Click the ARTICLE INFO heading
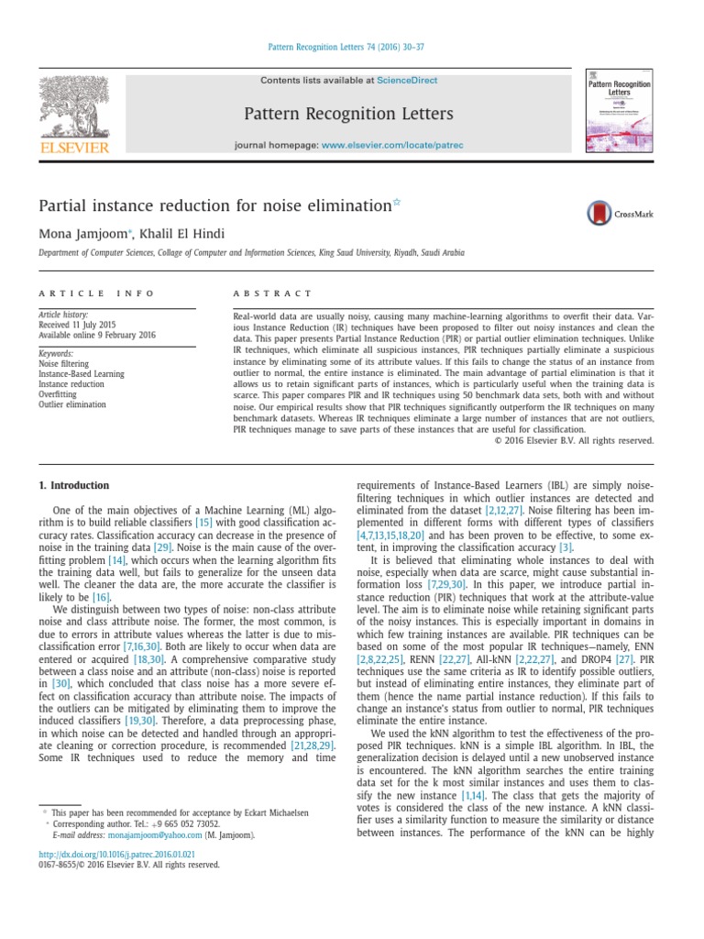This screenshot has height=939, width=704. pos(80,293)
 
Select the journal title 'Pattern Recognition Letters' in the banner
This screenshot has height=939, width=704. pos(347,114)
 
